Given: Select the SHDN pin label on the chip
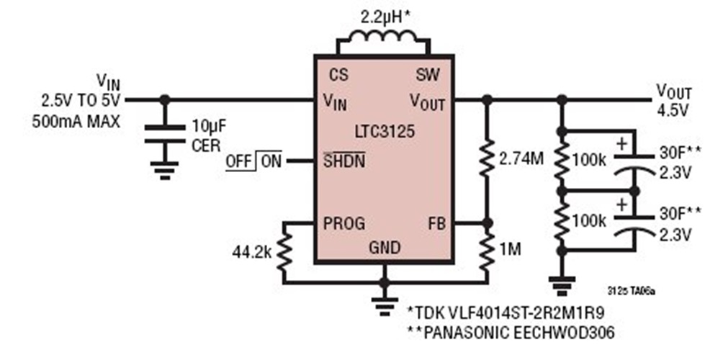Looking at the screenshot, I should [x=346, y=161].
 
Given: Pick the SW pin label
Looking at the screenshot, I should [x=428, y=74].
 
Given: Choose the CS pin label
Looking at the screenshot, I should [x=339, y=74].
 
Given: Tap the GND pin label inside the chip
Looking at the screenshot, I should [x=385, y=247].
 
